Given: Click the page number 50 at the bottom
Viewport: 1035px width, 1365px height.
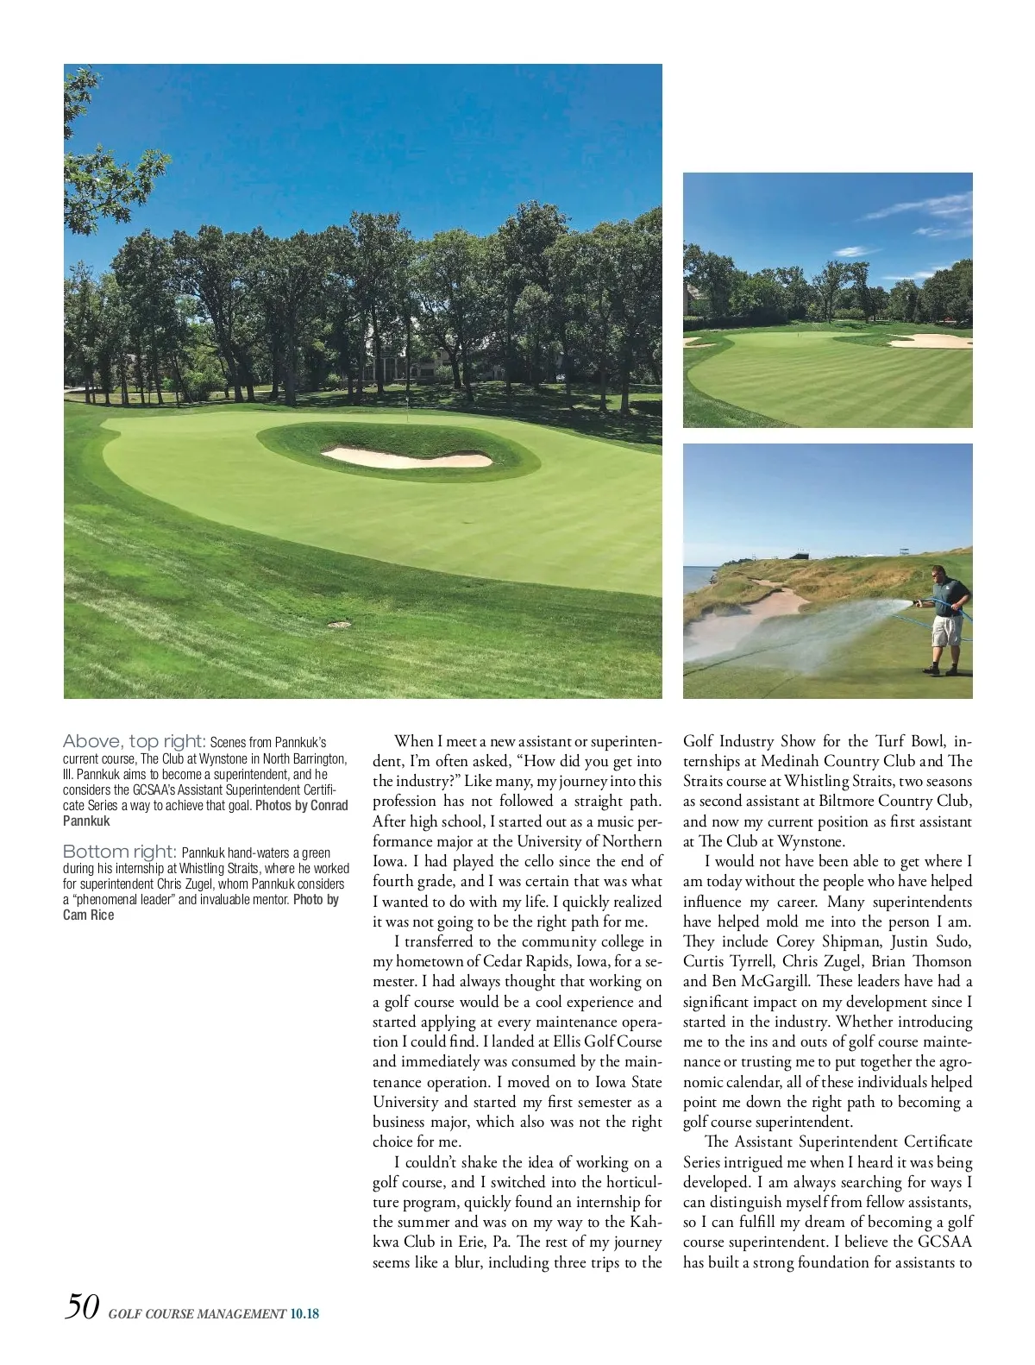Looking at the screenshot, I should tap(82, 1306).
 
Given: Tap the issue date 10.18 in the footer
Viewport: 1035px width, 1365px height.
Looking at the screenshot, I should tap(304, 1314).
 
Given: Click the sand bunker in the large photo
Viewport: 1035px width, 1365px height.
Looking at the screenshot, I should tap(406, 456).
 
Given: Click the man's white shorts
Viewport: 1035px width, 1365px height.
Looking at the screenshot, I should tap(946, 628).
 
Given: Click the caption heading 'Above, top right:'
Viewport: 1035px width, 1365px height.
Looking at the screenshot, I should tap(134, 741).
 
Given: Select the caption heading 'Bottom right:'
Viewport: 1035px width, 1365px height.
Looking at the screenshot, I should tap(120, 852).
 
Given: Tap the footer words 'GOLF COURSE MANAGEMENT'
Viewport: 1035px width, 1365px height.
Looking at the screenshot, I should tap(197, 1314).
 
